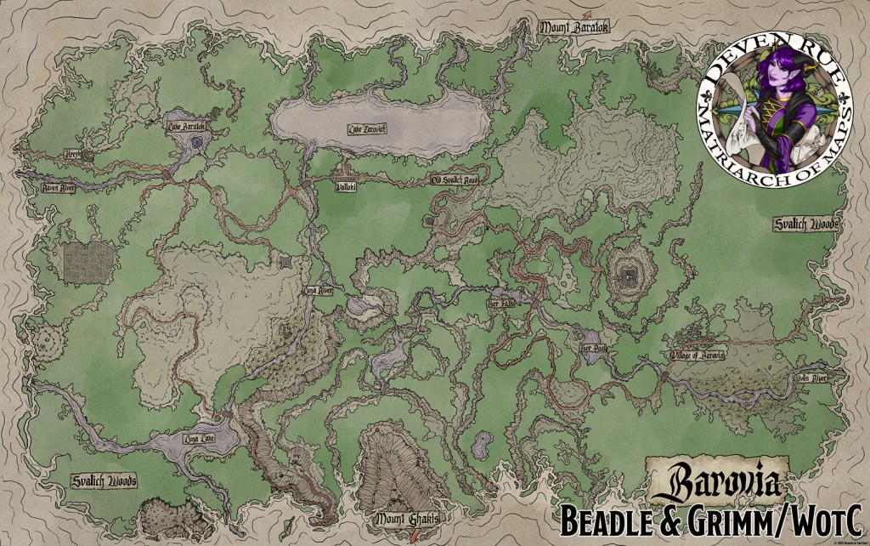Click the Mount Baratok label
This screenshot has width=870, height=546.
pos(571,27)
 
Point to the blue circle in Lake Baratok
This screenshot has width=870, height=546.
pos(196,144)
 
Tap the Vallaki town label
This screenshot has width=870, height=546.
pos(346,187)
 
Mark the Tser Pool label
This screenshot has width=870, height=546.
pos(592,348)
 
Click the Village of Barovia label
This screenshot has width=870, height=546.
pos(697,355)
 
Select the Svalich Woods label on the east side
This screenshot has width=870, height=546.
pos(805,225)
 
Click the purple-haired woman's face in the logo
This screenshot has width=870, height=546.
pos(762,85)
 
